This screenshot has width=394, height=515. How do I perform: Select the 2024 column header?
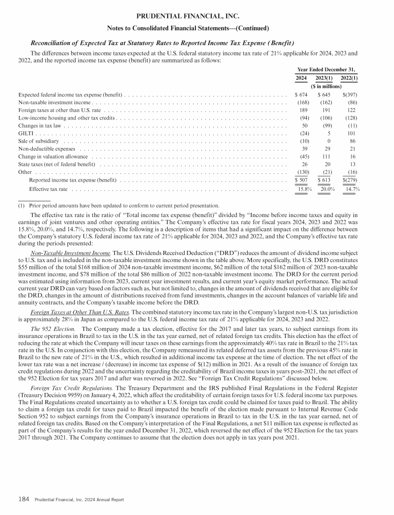pos(302,78)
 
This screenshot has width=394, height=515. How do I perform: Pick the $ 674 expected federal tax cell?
pos(301,95)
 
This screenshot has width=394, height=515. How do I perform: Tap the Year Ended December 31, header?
pos(326,69)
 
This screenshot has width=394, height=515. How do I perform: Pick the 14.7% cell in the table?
pos(351,189)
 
